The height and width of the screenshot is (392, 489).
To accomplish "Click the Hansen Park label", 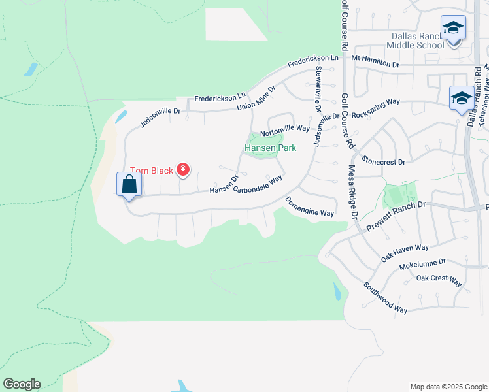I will pos(270,148).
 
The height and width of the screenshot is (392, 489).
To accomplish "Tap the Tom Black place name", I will pos(151,171).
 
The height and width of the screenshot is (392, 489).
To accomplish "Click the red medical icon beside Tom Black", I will pos(183,171).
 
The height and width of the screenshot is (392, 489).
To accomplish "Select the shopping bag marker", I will pos(129,184).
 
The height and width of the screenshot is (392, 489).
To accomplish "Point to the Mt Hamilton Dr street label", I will pos(375,63).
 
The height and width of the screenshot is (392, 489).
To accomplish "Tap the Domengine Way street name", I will pos(309,208).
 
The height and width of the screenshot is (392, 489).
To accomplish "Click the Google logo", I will pos(22,384).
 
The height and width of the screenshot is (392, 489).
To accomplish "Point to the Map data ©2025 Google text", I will pos(448,387).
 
